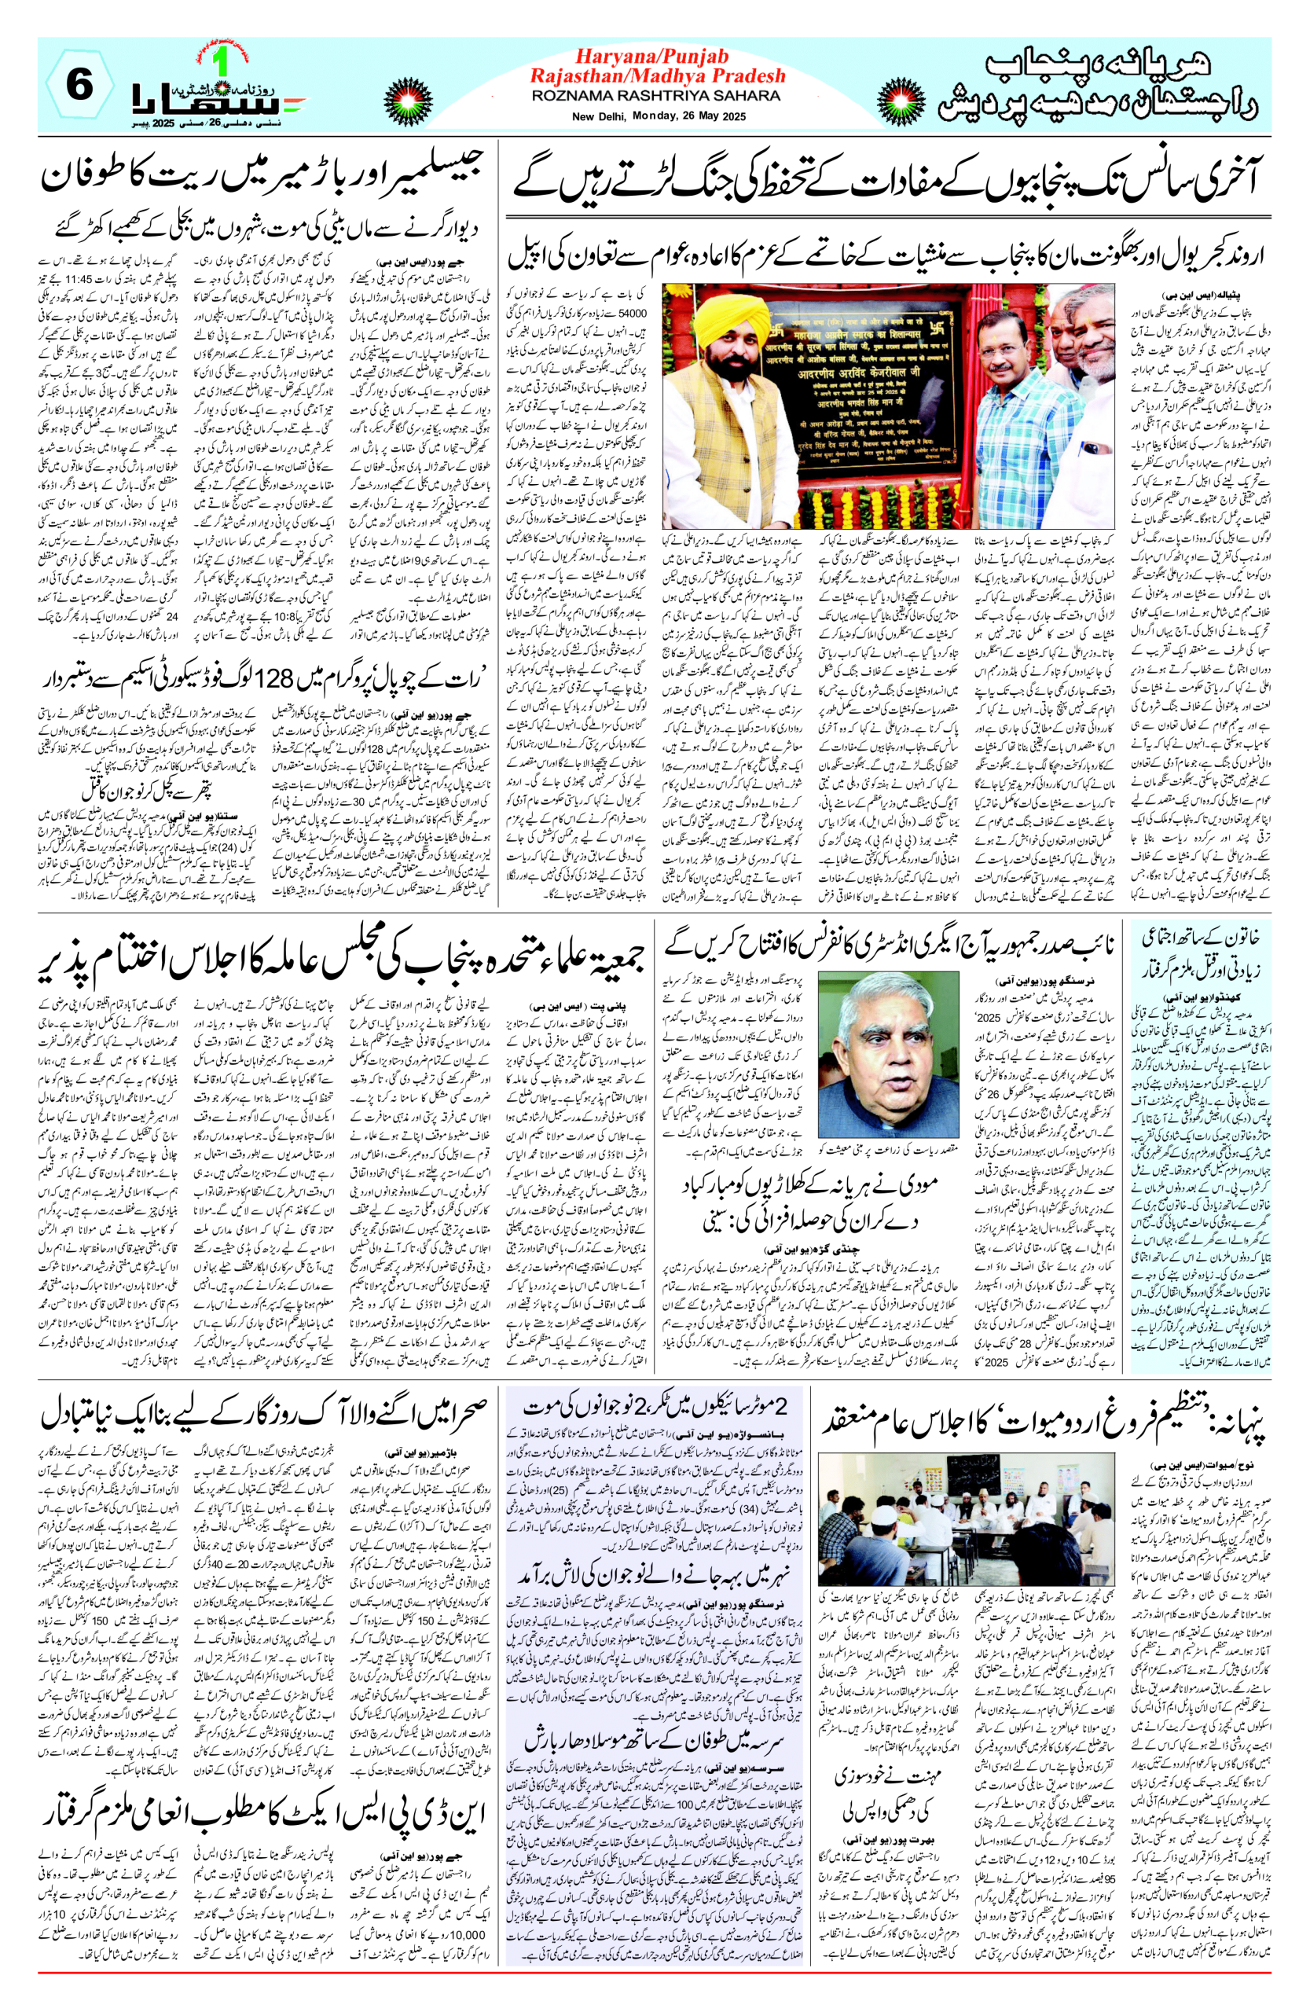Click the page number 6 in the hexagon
(x=79, y=86)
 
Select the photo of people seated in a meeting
(x=967, y=1513)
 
